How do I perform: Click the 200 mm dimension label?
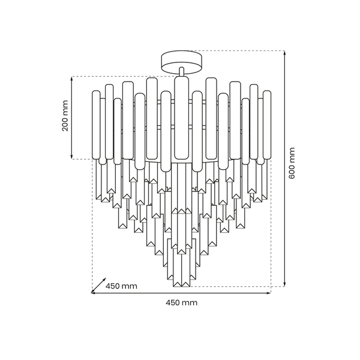65,116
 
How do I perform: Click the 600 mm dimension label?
292,163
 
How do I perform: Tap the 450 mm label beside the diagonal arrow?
121,286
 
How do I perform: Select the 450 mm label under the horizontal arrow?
181,302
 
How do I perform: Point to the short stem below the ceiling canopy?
182,71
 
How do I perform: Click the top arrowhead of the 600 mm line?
284,53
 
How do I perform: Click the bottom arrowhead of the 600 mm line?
284,284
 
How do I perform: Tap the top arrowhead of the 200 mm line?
72,79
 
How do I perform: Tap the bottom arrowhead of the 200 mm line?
72,157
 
